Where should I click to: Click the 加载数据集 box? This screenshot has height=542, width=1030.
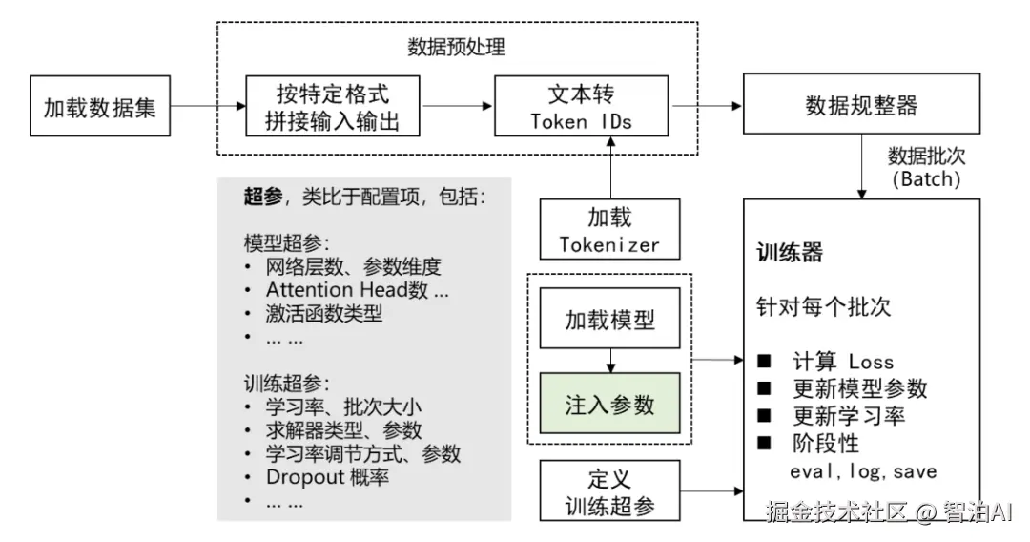click(x=99, y=106)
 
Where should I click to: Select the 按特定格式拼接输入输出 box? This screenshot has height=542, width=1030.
click(x=333, y=106)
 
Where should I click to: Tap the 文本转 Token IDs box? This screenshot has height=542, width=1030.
click(x=581, y=106)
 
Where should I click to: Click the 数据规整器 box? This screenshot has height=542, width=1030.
click(x=861, y=106)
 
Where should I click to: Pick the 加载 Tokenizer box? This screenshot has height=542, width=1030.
click(x=609, y=230)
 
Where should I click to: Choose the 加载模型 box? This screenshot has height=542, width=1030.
click(x=609, y=318)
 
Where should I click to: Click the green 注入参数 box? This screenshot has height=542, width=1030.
click(x=609, y=405)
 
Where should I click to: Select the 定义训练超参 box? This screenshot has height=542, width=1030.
click(x=609, y=490)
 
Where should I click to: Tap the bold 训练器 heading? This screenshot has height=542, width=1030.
click(x=790, y=253)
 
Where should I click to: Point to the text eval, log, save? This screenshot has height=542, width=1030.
click(x=863, y=471)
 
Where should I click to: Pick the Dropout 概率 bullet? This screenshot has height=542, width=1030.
click(x=327, y=477)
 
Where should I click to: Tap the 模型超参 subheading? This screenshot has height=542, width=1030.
click(x=285, y=243)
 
